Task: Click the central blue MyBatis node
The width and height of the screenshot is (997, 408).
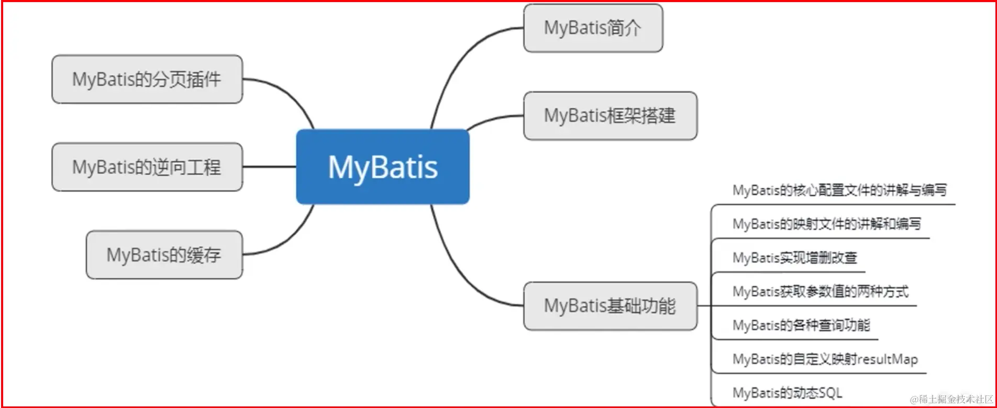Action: [383, 167]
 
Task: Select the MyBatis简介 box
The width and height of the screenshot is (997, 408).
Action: [593, 28]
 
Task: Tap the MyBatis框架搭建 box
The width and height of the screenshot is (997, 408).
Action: [610, 116]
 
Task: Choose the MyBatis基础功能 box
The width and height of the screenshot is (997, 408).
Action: [610, 306]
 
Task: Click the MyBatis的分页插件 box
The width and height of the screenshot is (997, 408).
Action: [147, 80]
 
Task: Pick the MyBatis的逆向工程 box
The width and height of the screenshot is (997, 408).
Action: [147, 167]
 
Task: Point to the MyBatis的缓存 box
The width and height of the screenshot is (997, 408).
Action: [164, 255]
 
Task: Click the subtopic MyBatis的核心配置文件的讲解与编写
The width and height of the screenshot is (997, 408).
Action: [839, 190]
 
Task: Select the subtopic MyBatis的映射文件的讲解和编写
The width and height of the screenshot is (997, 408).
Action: [826, 224]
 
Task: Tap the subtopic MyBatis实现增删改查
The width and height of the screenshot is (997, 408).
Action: [794, 258]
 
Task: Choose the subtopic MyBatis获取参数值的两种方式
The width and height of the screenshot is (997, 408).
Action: [820, 292]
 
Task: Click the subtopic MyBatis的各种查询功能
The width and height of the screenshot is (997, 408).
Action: [801, 325]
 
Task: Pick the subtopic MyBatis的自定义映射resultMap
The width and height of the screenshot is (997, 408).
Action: [825, 359]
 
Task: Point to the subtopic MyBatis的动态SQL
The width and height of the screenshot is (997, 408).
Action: [787, 393]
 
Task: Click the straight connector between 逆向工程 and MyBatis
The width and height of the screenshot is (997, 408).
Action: [269, 167]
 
